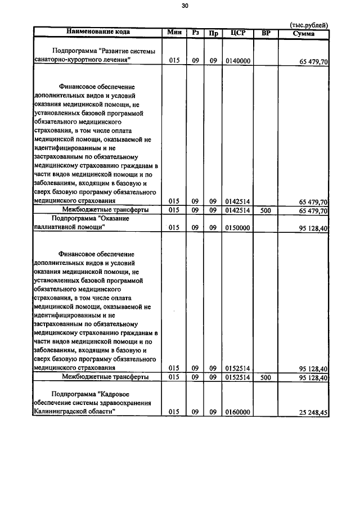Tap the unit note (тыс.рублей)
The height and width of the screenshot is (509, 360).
pyautogui.click(x=309, y=25)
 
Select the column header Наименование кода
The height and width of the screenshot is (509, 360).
pyautogui.click(x=98, y=32)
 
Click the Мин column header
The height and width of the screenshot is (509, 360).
pyautogui.click(x=174, y=32)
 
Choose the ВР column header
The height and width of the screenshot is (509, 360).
pyautogui.click(x=266, y=32)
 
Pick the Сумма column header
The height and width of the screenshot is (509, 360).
pyautogui.click(x=304, y=33)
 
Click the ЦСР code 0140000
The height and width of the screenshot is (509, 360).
pyautogui.click(x=237, y=60)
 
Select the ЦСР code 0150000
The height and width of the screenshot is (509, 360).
pyautogui.click(x=237, y=228)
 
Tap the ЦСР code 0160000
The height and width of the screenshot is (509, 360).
pyautogui.click(x=237, y=412)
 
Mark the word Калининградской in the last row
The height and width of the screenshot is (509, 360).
pyautogui.click(x=61, y=412)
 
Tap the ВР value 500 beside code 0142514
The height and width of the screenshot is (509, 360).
pyautogui.click(x=266, y=210)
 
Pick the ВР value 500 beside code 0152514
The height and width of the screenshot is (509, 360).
pyautogui.click(x=266, y=376)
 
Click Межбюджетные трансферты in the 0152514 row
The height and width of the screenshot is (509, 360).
pyautogui.click(x=105, y=376)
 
